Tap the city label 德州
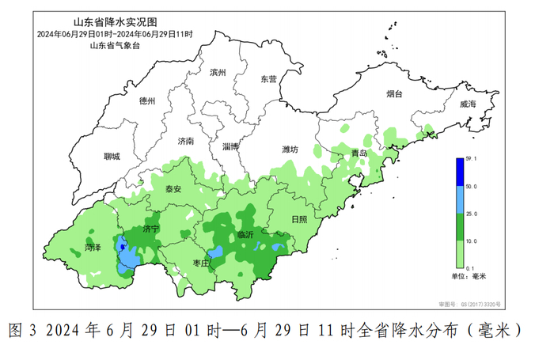147,101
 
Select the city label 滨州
218,73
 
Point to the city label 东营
269,79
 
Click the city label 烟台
394,94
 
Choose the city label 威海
467,104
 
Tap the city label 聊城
112,157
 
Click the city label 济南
186,141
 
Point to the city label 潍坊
290,149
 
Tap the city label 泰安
173,189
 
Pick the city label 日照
299,219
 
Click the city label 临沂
246,235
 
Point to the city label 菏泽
93,248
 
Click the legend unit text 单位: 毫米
467,277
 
